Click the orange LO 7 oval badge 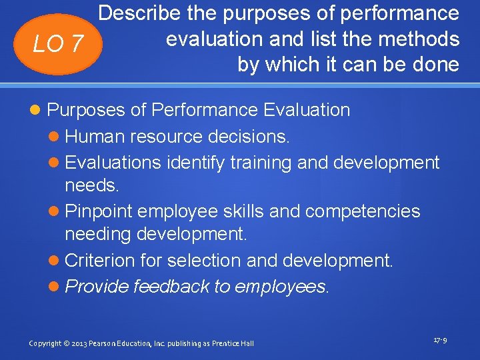click(x=59, y=44)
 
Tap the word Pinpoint click(x=100, y=211)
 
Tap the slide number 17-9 click(x=440, y=340)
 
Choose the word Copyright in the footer click(x=45, y=343)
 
